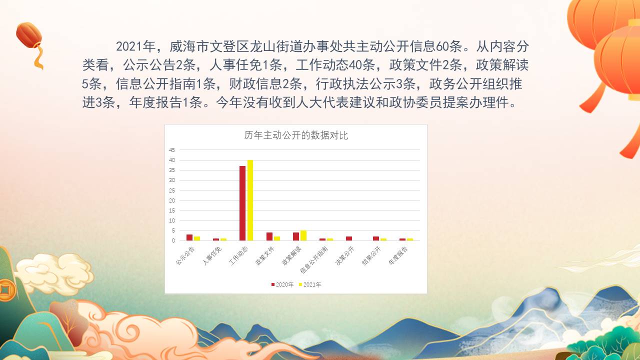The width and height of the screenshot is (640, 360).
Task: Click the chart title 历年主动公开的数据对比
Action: pyautogui.click(x=296, y=135)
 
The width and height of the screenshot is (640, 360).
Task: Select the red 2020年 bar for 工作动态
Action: pyautogui.click(x=242, y=203)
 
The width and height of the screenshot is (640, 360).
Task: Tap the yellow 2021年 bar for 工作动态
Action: pyautogui.click(x=250, y=200)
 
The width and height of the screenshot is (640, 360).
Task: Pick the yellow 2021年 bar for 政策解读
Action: pyautogui.click(x=303, y=235)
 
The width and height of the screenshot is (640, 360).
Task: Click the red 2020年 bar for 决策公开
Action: pyautogui.click(x=349, y=238)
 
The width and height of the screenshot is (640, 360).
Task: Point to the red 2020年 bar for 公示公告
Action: pyautogui.click(x=189, y=237)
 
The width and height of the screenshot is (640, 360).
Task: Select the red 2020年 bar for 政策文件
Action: pyautogui.click(x=269, y=236)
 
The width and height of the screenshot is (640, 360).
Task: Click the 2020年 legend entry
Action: pyautogui.click(x=282, y=284)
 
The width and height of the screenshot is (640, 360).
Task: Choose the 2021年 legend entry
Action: pyautogui.click(x=310, y=284)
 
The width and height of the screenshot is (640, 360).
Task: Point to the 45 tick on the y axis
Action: pyautogui.click(x=171, y=150)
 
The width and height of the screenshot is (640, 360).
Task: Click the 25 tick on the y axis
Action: pyautogui.click(x=171, y=190)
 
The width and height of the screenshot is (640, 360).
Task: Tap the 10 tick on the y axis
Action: pyautogui.click(x=171, y=220)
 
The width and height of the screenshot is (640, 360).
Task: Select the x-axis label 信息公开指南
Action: pyautogui.click(x=314, y=259)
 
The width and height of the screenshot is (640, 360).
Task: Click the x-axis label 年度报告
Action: pyautogui.click(x=398, y=255)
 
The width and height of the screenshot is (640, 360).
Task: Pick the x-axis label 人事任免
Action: pyautogui.click(x=212, y=255)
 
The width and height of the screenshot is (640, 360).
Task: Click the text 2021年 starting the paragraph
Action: pyautogui.click(x=135, y=46)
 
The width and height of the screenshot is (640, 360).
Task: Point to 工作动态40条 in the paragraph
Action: pyautogui.click(x=335, y=65)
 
